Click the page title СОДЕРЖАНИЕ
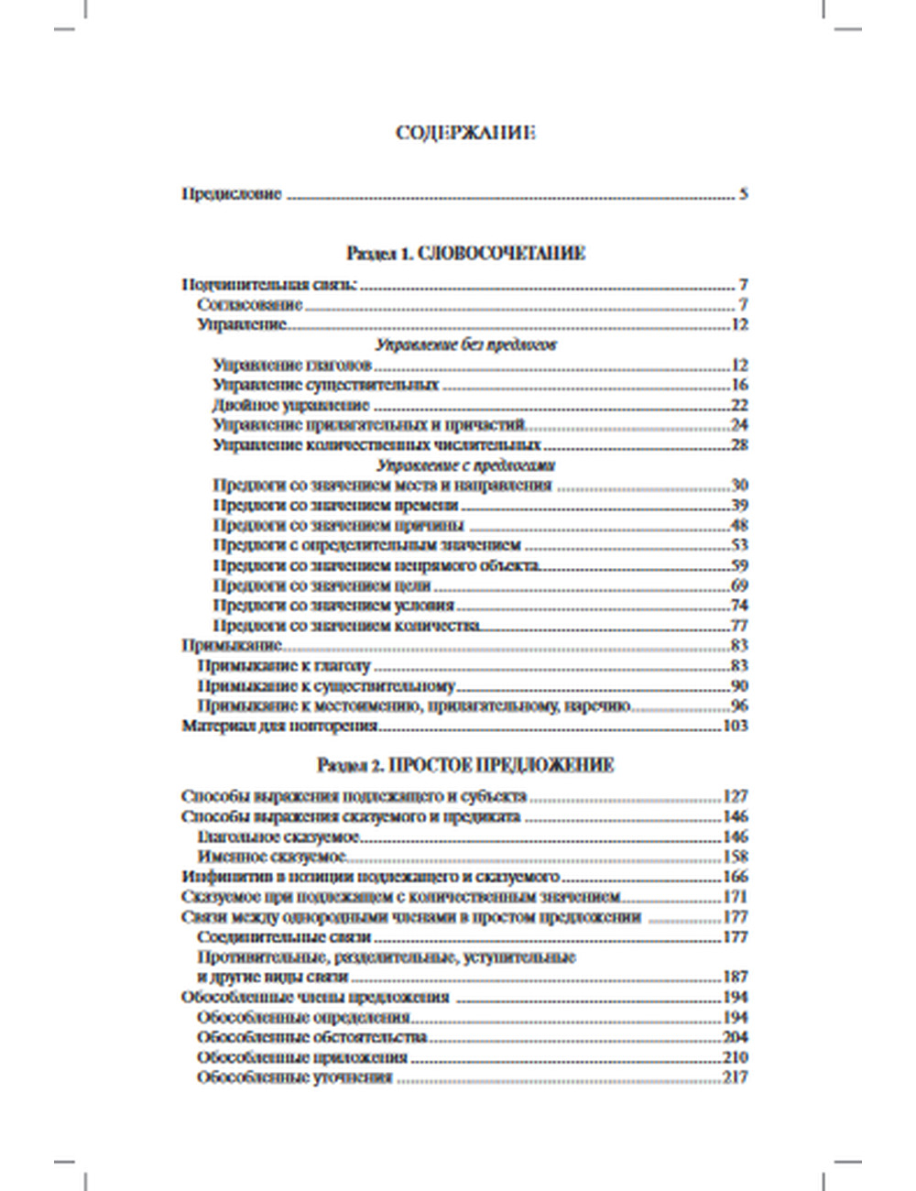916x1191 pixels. coord(465,133)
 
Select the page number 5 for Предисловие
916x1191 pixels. coord(744,194)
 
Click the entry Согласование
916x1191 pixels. coord(249,305)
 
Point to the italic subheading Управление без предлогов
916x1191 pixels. coord(465,345)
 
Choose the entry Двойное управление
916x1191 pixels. coord(290,405)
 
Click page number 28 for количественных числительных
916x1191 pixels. coord(739,445)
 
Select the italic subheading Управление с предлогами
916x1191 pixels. coord(465,465)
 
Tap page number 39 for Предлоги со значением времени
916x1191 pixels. coord(739,506)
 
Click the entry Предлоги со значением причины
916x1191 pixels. coord(338,526)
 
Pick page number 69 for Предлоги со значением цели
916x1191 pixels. coord(739,585)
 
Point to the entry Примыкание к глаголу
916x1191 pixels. coord(283,666)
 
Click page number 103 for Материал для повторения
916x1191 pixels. coord(736,727)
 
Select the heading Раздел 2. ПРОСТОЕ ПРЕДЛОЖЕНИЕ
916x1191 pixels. coord(465,765)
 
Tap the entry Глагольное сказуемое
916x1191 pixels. coord(278,836)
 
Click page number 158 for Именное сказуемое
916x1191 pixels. coord(736,857)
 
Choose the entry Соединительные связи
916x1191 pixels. coord(283,937)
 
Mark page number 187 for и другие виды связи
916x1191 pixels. coord(736,977)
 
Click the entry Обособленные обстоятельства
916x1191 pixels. coord(312,1037)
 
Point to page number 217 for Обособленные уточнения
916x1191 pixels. coord(736,1077)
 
